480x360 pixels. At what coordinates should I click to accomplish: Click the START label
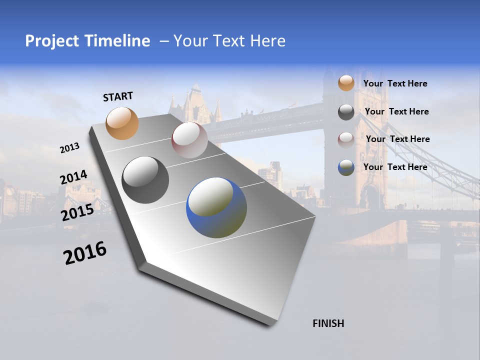[118, 96]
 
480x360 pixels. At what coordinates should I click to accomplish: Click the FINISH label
[328, 323]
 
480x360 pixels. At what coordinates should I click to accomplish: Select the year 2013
[69, 148]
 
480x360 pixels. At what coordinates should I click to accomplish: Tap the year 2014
[73, 177]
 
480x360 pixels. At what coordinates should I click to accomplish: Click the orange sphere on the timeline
[122, 123]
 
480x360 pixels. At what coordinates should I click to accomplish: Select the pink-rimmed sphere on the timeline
[189, 139]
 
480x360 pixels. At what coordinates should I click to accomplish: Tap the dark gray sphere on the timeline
[145, 180]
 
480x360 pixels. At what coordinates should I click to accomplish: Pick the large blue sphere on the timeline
[216, 207]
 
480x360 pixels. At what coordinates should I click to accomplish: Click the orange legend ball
[346, 83]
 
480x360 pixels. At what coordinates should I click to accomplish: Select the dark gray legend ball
[346, 112]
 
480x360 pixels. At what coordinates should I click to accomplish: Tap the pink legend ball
[346, 139]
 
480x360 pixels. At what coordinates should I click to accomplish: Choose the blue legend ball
[346, 167]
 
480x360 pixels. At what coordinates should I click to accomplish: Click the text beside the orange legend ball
[395, 83]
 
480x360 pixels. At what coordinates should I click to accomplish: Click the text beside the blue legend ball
[395, 167]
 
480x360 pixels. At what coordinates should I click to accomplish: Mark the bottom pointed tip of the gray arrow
[270, 325]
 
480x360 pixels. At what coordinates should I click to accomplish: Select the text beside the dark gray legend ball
[396, 111]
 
